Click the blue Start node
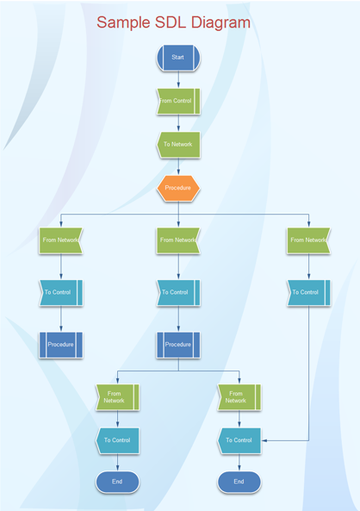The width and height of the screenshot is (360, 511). tap(178, 58)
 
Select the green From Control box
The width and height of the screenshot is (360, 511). tap(178, 101)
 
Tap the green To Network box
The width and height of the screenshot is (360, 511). tap(178, 145)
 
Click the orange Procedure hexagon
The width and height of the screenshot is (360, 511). tap(178, 188)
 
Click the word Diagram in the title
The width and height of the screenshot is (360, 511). tap(220, 22)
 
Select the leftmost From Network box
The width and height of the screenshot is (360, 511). tap(60, 240)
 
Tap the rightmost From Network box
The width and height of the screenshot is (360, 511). tap(308, 240)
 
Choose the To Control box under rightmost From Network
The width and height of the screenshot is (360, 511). tap(308, 293)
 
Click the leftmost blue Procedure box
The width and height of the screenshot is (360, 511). tap(60, 345)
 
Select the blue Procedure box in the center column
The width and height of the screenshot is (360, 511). tap(178, 345)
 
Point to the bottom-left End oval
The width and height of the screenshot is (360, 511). tap(117, 482)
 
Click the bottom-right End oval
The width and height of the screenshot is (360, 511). tap(239, 482)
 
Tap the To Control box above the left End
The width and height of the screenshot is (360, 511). tap(117, 440)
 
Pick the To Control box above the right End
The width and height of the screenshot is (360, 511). tap(239, 440)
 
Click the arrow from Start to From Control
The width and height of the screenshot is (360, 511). tap(178, 79)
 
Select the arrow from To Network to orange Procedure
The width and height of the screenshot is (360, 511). tap(178, 166)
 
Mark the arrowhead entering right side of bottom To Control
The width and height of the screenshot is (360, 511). tap(264, 440)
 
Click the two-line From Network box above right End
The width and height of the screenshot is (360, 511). tap(239, 397)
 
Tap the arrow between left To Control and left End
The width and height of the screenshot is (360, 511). tap(117, 463)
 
